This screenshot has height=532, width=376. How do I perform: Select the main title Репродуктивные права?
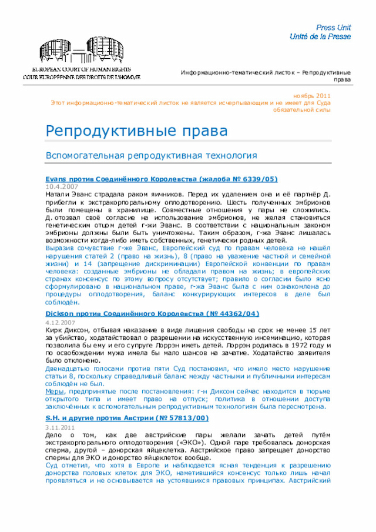(136, 131)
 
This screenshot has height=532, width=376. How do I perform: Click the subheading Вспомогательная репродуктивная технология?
(152, 156)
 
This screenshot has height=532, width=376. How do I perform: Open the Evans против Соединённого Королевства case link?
(162, 179)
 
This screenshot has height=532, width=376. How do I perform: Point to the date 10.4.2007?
(62, 186)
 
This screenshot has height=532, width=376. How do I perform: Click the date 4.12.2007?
(61, 323)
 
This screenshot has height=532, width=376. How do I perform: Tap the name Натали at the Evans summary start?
(58, 194)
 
